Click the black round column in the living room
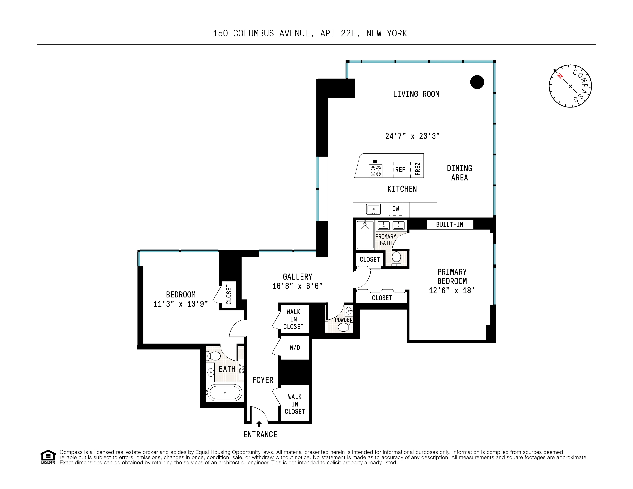[477, 82]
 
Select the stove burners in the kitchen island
[376, 171]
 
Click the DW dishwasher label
[395, 209]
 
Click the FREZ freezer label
[417, 169]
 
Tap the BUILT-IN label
[450, 224]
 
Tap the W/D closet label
[295, 347]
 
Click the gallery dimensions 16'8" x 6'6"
[297, 286]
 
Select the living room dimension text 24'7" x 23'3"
[412, 136]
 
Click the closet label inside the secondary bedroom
[229, 294]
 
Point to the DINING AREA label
[459, 173]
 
